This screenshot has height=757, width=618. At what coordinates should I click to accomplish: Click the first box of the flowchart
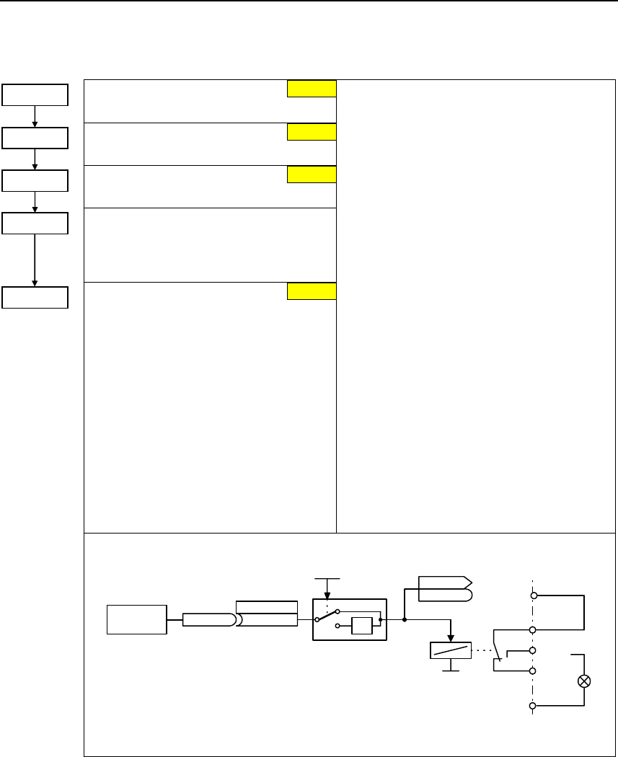click(x=35, y=94)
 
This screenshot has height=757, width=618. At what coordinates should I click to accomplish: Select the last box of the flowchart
click(x=35, y=297)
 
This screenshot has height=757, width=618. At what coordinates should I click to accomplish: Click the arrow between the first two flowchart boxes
click(x=35, y=116)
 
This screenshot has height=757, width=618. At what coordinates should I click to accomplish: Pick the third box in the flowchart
click(x=35, y=180)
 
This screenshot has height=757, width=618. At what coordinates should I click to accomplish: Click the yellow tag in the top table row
click(x=312, y=88)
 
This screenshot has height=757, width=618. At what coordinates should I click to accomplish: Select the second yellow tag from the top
click(x=312, y=131)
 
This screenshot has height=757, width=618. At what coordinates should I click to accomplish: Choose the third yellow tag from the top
click(x=312, y=174)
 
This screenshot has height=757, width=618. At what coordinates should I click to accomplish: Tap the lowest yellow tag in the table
click(x=312, y=291)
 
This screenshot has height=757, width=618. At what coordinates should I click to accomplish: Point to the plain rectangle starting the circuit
click(x=137, y=619)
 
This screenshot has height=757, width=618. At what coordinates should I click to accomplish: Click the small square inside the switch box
click(x=361, y=626)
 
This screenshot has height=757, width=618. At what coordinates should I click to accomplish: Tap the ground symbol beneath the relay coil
click(x=450, y=669)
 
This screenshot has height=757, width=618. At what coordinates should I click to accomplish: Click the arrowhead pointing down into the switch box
click(x=327, y=595)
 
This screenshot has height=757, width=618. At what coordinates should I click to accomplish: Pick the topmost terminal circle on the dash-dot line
click(x=532, y=596)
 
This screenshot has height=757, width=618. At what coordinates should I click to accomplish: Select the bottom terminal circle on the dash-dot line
click(x=532, y=707)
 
